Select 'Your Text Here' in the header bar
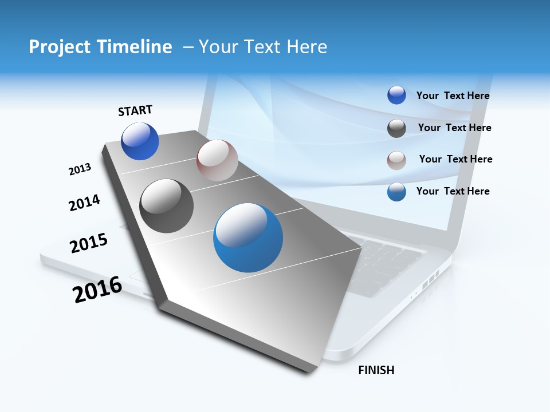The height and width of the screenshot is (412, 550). click(x=263, y=47)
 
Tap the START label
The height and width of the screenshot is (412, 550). click(x=135, y=110)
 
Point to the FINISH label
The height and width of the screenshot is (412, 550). click(x=376, y=370)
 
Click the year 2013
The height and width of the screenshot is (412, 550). click(x=80, y=169)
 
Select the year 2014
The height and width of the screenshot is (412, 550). click(x=84, y=203)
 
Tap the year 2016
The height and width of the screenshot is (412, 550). click(x=97, y=290)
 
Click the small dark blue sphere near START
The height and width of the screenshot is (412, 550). click(x=140, y=141)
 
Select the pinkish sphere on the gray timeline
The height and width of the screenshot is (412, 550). click(x=217, y=160)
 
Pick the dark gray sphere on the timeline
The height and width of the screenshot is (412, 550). click(x=167, y=206)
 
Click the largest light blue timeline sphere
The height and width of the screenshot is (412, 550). click(x=248, y=237)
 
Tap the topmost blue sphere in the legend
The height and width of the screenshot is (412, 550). click(x=396, y=96)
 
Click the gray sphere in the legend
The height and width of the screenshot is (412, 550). click(x=396, y=128)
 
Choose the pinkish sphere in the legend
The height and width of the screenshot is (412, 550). click(x=396, y=160)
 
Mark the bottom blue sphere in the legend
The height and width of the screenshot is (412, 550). click(x=396, y=192)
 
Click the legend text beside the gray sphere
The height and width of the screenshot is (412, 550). click(x=454, y=128)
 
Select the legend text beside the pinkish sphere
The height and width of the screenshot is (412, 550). click(x=455, y=159)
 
